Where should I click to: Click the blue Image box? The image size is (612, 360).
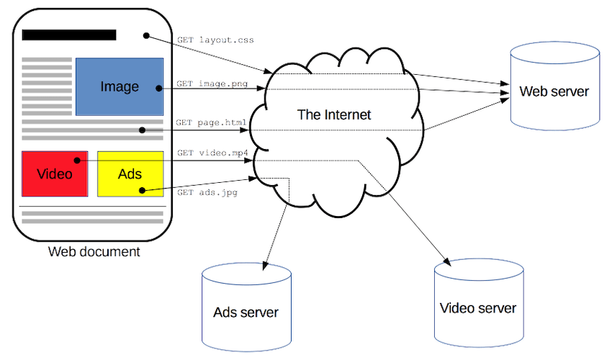(119, 86)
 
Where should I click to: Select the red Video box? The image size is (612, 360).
(55, 174)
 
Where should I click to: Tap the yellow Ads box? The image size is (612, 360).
(130, 174)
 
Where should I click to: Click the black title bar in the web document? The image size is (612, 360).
(69, 35)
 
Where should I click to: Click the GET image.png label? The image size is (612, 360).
(212, 84)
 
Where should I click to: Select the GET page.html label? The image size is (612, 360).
(212, 122)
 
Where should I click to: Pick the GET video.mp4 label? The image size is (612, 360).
(212, 153)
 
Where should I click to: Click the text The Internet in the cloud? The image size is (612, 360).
(334, 114)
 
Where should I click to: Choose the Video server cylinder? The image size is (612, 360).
(478, 302)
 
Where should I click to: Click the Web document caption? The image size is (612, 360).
(94, 252)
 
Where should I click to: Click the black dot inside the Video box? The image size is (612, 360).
(75, 160)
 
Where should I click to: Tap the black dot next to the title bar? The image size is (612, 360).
(145, 35)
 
